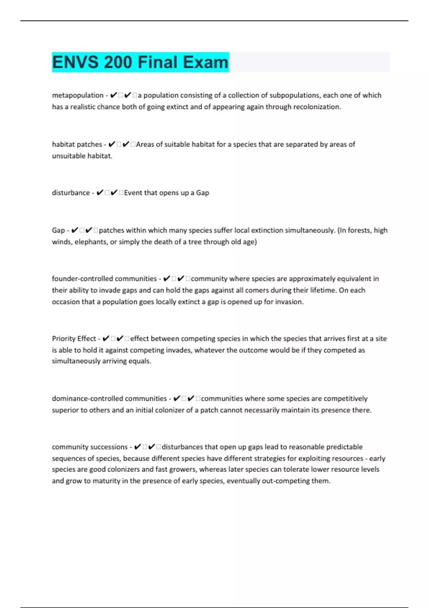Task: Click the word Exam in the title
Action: (206, 62)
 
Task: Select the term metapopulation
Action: (78, 95)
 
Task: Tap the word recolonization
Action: (317, 107)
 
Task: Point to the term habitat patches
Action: (77, 144)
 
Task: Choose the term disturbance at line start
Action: (71, 193)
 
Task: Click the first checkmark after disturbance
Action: (100, 193)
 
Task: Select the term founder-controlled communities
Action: (104, 279)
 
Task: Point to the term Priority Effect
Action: (74, 339)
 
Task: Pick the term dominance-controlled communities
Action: (109, 398)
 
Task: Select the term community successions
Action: (89, 447)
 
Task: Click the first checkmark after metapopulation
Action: (114, 95)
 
